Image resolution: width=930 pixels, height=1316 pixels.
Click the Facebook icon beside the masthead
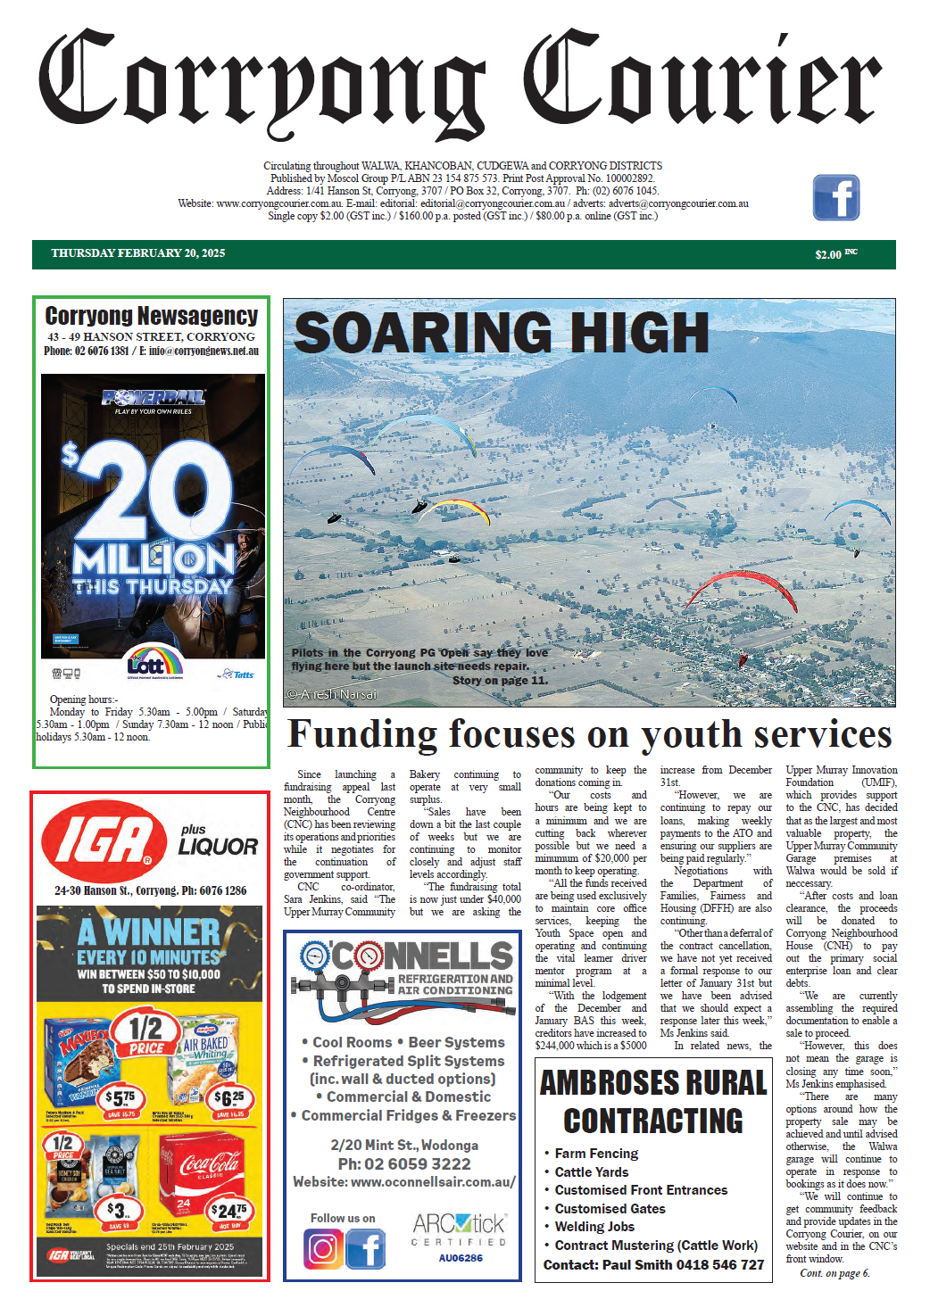835,197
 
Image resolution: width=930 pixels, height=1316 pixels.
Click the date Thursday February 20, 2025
137,253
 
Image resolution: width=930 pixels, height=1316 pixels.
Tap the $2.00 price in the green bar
828,254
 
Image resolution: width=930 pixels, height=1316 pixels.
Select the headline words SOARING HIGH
501,333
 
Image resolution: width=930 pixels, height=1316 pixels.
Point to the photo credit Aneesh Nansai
332,694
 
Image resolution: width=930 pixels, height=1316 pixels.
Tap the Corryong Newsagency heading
152,316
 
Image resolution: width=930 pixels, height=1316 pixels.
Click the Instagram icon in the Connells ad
322,1249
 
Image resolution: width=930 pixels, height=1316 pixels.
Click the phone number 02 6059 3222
404,1163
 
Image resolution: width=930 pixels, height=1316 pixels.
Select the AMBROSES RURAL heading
653,1083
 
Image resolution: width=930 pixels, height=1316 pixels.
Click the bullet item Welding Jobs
594,1227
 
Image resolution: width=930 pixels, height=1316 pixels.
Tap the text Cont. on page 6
834,1273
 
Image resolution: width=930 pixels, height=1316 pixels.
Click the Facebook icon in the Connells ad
366,1249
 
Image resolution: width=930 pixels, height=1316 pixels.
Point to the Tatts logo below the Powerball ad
238,675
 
